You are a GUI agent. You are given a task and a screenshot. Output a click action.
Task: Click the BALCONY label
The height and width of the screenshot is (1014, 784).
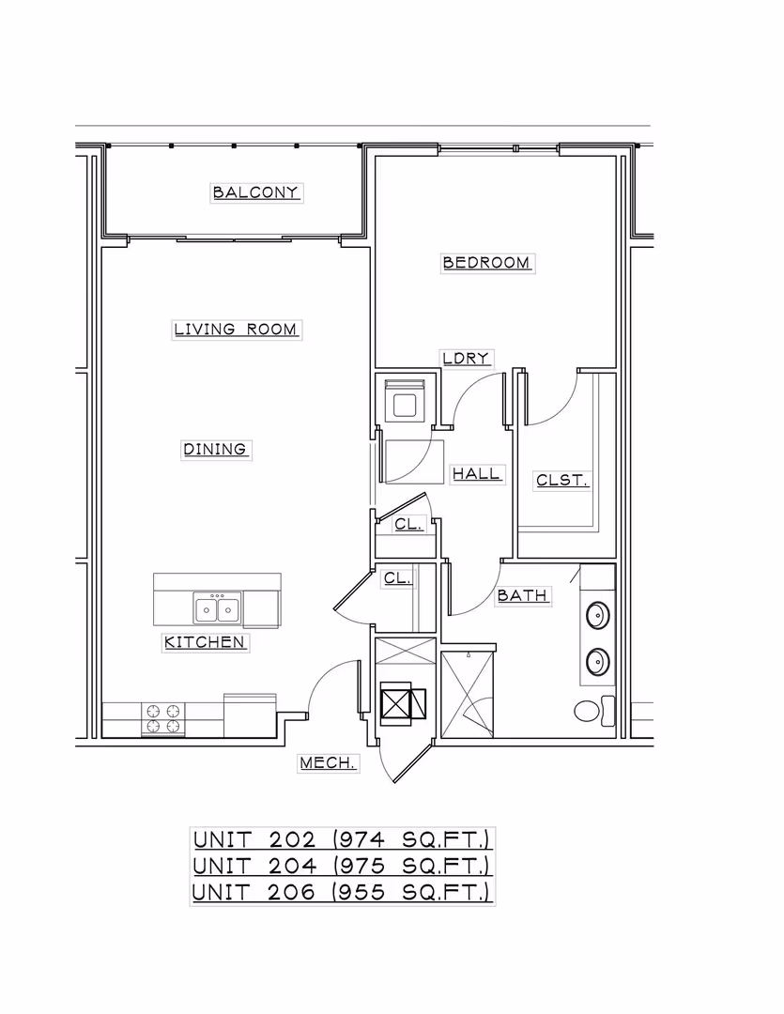point(256,192)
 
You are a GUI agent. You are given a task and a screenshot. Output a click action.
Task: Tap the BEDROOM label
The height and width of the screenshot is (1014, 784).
point(486,263)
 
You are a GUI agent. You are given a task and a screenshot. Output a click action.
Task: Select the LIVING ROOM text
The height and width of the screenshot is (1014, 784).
point(236,330)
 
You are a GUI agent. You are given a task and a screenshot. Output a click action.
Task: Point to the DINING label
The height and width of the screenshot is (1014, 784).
point(215,450)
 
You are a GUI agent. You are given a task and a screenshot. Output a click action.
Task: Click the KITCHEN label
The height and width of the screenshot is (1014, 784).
point(205,642)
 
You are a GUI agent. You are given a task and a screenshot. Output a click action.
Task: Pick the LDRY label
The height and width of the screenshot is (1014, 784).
point(467,358)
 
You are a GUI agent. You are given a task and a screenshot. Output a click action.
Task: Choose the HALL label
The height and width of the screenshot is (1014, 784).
point(477,474)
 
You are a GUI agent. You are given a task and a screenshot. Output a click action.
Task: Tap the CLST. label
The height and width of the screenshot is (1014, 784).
point(561,480)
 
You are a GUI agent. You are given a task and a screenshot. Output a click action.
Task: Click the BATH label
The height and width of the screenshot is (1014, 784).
point(522,595)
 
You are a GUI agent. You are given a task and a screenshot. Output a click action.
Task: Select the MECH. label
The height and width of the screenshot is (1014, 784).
point(328,763)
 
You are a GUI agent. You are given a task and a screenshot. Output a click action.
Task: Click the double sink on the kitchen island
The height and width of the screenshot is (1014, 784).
point(217,609)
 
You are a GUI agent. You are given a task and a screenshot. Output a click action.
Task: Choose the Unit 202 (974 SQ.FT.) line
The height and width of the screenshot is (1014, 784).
point(342,838)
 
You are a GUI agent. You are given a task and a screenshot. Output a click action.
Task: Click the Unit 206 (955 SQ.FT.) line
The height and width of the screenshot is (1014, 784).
point(342,891)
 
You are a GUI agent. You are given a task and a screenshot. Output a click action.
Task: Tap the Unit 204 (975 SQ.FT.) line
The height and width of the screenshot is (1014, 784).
point(342,865)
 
